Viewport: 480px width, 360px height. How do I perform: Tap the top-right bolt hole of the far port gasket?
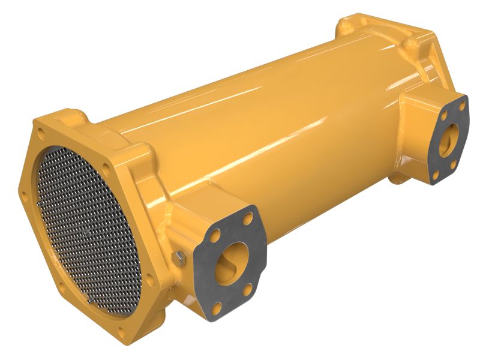462,106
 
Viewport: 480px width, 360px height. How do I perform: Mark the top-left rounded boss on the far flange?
347,24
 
